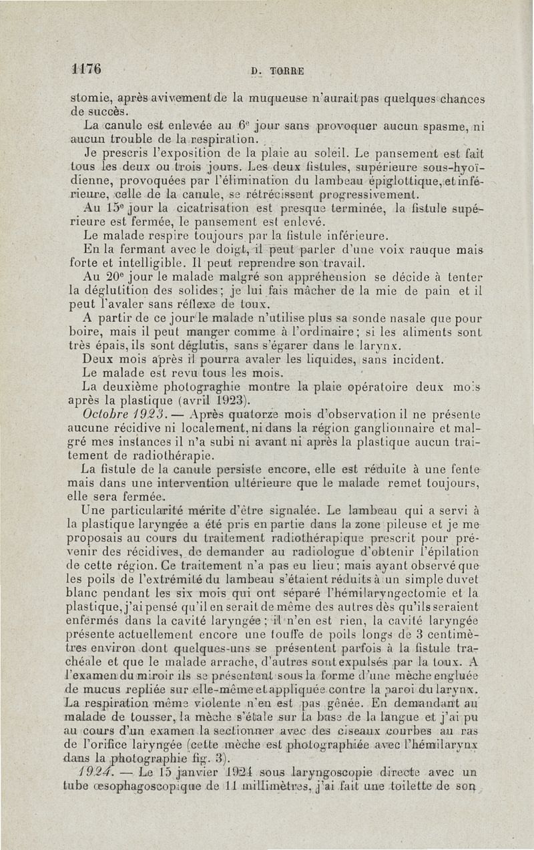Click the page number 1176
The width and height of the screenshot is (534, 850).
click(87, 69)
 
